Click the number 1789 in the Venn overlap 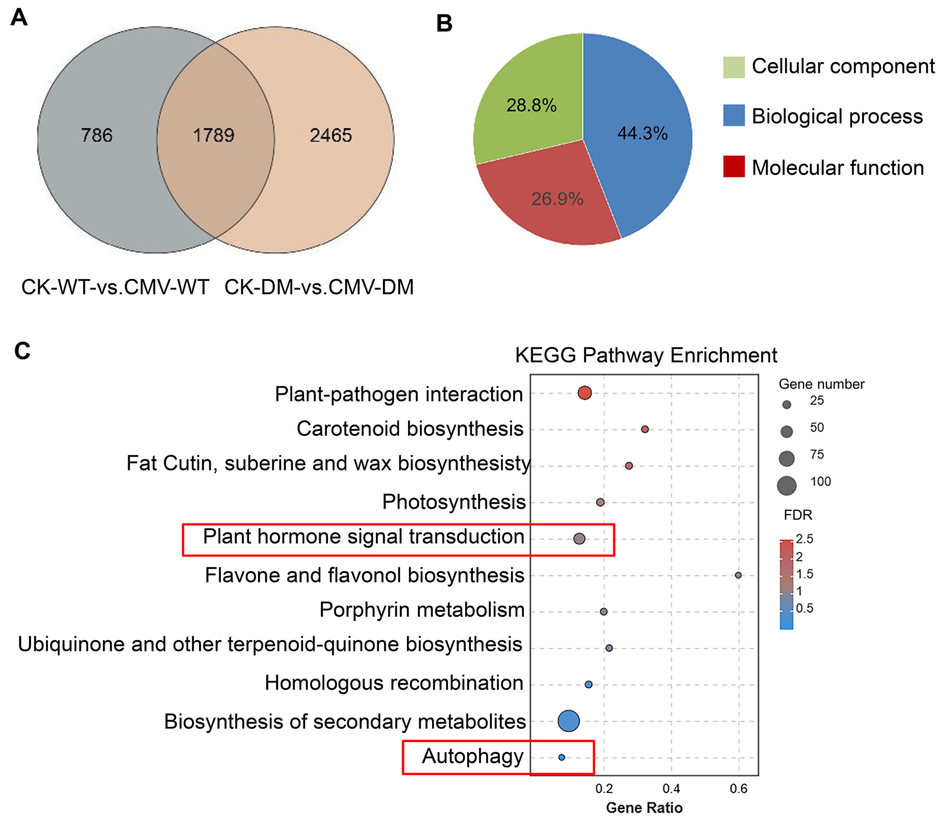click(214, 135)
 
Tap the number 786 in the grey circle click(97, 135)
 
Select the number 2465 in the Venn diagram click(331, 135)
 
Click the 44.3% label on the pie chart click(642, 133)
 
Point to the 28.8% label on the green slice click(531, 105)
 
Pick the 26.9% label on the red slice click(557, 199)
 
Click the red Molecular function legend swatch click(734, 167)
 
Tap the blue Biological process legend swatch click(734, 115)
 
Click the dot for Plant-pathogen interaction click(585, 393)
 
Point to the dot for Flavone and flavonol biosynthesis click(738, 575)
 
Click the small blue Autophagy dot click(561, 757)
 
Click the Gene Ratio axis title click(644, 808)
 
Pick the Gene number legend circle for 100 click(786, 485)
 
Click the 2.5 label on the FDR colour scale click(804, 539)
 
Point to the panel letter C click(22, 351)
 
